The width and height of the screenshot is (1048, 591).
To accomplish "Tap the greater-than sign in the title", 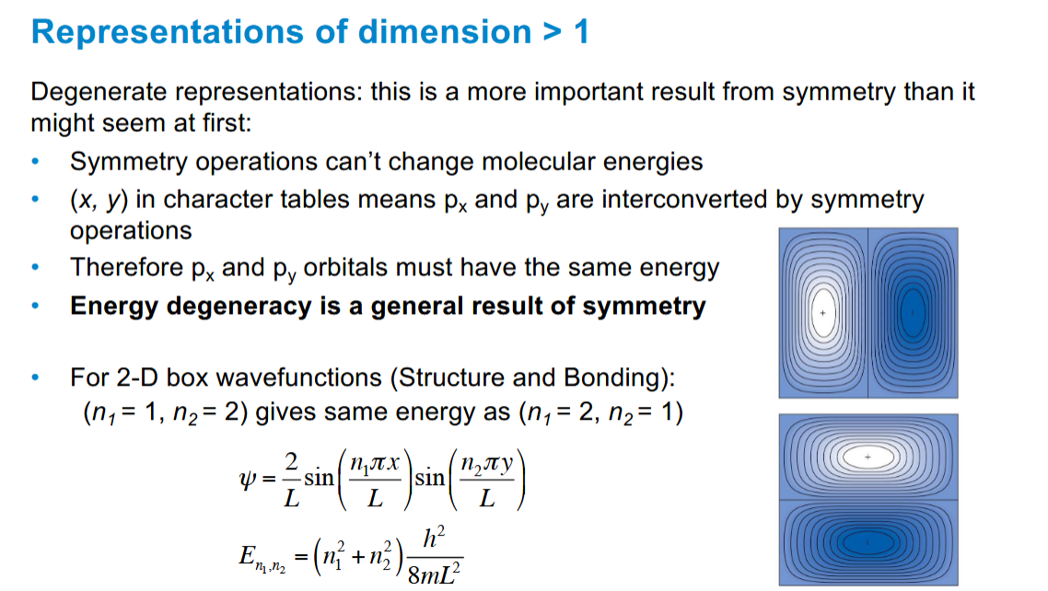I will pyautogui.click(x=551, y=33).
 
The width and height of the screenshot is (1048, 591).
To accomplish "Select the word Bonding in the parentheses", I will pyautogui.click(x=618, y=377).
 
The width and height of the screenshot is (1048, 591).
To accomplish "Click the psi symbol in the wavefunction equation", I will pyautogui.click(x=244, y=481).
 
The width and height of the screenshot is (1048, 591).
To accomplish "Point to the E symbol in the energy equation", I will pyautogui.click(x=246, y=555).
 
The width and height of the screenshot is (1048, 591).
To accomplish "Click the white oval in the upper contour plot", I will pyautogui.click(x=823, y=314).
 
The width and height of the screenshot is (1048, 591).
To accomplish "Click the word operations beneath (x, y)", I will pyautogui.click(x=131, y=230).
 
